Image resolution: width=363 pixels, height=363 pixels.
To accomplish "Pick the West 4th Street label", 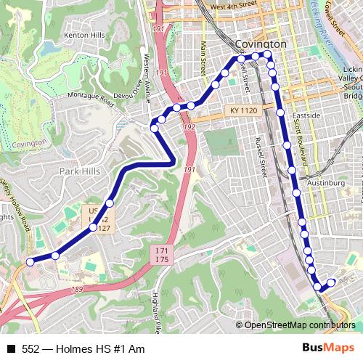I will point(233,5).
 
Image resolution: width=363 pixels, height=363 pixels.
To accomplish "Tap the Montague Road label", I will point(92,96).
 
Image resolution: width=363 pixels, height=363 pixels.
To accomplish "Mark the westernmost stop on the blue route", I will point(30,261).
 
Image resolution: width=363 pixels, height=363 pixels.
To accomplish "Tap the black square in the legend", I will point(11,349).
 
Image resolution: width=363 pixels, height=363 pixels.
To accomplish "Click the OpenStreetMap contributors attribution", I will point(299,325).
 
